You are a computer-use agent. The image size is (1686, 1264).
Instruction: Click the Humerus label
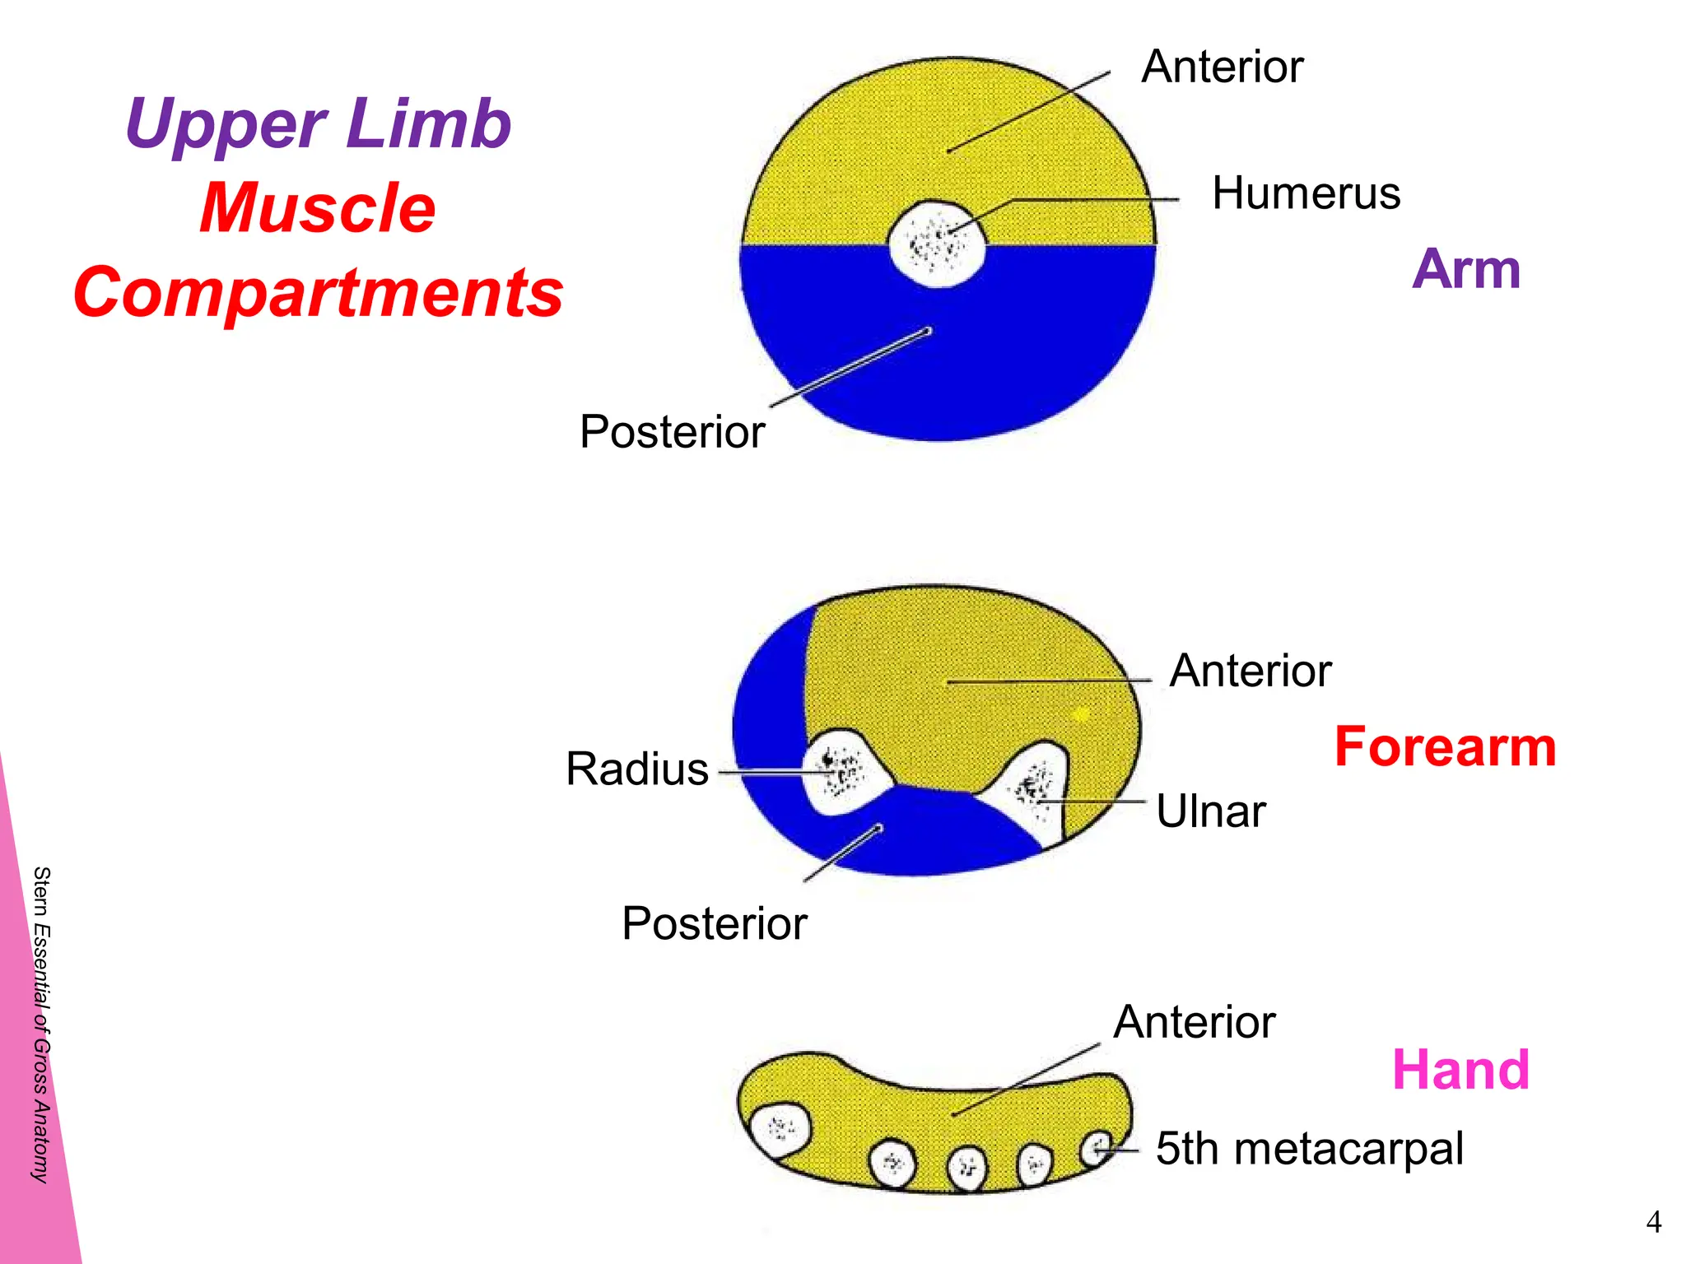(x=1306, y=194)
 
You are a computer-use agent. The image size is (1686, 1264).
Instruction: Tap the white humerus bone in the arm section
(x=937, y=244)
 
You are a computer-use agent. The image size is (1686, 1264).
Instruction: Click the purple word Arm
(x=1466, y=269)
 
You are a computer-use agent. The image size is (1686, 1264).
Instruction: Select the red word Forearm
(x=1445, y=747)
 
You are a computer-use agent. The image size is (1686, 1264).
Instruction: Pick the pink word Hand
(x=1460, y=1070)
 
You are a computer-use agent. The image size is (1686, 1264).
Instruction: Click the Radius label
(x=636, y=769)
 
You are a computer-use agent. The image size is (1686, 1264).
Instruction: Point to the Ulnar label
(x=1210, y=811)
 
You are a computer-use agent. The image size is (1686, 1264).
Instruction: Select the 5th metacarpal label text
(x=1309, y=1149)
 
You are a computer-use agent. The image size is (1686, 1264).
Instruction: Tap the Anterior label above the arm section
(x=1222, y=67)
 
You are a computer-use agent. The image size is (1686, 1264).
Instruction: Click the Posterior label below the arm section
(x=672, y=432)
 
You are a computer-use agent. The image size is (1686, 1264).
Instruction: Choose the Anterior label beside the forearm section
(x=1250, y=671)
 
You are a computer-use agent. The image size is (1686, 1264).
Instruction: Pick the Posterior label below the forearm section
(x=714, y=923)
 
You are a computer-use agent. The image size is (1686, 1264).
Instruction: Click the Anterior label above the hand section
(x=1194, y=1022)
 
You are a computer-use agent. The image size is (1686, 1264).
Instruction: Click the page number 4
(x=1653, y=1222)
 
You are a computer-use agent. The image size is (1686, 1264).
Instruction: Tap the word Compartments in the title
(x=318, y=293)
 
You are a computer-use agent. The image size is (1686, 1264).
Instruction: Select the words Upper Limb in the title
(x=318, y=124)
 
